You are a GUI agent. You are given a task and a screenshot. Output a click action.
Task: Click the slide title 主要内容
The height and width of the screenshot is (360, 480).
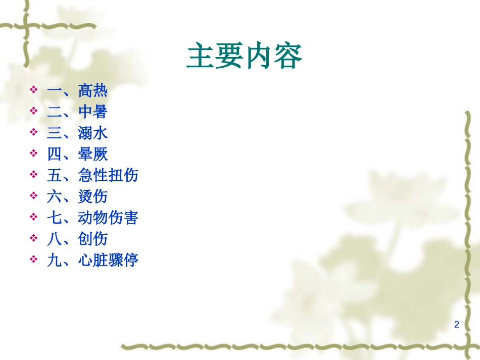point(245,56)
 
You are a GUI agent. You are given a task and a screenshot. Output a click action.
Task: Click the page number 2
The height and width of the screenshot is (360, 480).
point(457,325)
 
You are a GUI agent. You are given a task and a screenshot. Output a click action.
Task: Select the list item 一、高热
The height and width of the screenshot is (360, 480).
point(77,91)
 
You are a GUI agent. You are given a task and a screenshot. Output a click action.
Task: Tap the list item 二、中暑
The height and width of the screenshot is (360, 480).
point(77,112)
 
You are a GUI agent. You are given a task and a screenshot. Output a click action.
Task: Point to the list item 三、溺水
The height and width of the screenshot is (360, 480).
point(77,133)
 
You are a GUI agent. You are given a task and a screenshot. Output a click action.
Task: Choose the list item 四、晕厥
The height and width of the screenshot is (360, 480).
point(77,154)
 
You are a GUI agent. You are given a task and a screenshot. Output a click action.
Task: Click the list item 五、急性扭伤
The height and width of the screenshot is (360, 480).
point(92,175)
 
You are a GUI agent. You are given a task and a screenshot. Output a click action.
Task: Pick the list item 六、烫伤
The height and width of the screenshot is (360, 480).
point(77,196)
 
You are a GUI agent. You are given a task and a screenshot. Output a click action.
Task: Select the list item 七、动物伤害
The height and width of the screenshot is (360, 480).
point(92,218)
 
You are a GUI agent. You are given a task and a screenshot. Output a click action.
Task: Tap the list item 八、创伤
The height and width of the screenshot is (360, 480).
point(77,239)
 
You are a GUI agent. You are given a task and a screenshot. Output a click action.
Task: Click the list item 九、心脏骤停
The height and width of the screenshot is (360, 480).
point(92,260)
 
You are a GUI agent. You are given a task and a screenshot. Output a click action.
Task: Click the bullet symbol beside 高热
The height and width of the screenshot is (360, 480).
point(34,90)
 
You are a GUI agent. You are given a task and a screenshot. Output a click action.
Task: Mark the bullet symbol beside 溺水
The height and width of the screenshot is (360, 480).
point(34,132)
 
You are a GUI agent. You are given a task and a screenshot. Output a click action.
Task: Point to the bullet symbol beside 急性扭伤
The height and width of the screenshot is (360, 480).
point(34,174)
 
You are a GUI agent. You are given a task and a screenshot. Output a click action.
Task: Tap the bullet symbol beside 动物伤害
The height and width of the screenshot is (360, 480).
point(34,217)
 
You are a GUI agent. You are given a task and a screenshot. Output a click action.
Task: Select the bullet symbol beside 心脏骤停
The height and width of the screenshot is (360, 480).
point(34,259)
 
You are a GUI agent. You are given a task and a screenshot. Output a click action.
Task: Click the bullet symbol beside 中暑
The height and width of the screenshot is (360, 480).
point(34,111)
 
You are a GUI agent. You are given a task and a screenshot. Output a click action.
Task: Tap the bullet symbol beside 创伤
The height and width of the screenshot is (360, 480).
point(34,238)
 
